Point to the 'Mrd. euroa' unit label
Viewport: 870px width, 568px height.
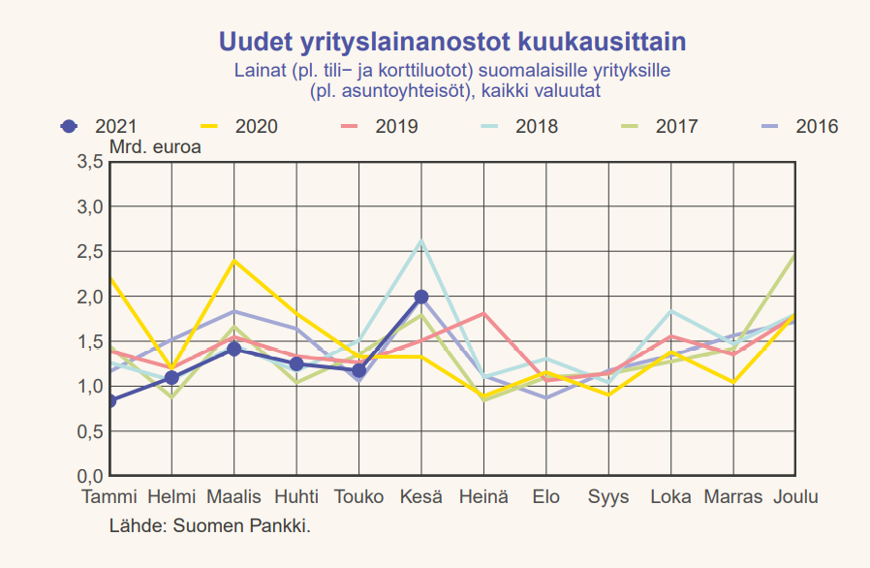(154, 147)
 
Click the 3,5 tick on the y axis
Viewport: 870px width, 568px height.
(89, 162)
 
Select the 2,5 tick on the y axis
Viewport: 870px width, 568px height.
(89, 252)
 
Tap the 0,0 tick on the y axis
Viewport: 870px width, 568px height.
(89, 476)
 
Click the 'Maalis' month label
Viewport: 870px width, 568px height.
(233, 497)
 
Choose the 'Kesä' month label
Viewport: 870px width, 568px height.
(421, 497)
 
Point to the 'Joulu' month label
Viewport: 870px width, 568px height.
(795, 497)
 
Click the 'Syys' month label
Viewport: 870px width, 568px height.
(608, 497)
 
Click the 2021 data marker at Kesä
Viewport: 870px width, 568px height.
(421, 297)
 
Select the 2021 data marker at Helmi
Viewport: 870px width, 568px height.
(171, 378)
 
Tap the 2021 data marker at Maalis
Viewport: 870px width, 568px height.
(233, 349)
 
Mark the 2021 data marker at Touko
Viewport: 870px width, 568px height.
(358, 370)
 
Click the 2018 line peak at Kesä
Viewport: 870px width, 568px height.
(421, 240)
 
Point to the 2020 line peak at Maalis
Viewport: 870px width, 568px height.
(233, 261)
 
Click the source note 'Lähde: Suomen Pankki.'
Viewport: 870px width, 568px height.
(210, 526)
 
